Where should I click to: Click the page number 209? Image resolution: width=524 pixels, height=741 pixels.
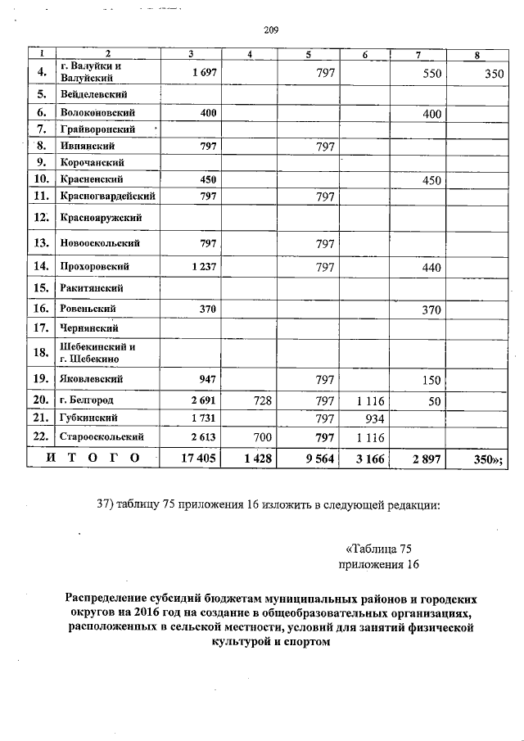pos(272,31)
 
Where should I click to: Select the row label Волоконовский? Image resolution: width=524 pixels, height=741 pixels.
pos(97,111)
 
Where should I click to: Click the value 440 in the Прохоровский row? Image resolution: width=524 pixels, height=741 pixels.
pos(431,267)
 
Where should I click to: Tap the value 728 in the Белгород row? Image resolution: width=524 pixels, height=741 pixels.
pos(261,400)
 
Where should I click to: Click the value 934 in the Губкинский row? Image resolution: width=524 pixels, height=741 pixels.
pos(373,418)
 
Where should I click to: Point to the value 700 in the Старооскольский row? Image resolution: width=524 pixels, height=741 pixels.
pos(261,437)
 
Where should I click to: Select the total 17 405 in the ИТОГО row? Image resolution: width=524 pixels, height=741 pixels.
pos(198,459)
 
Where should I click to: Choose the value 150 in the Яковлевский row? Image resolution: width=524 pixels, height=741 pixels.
pos(431,380)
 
